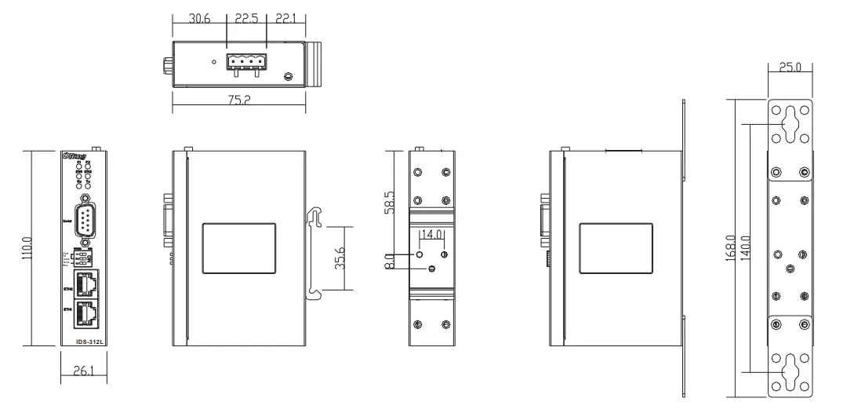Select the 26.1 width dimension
click(x=84, y=372)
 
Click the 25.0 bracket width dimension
click(x=790, y=68)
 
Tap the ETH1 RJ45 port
click(x=85, y=315)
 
